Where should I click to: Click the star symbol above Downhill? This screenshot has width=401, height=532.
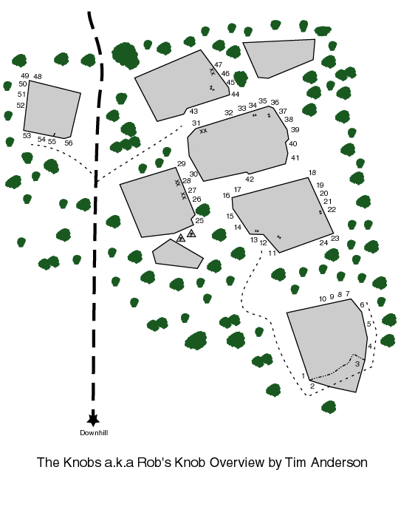click(x=92, y=419)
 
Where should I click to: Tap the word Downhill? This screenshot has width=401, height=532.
click(x=93, y=433)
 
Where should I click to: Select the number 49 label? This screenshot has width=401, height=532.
click(x=24, y=76)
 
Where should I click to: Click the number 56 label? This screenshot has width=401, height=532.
click(x=69, y=143)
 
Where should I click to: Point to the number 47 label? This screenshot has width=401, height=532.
click(x=218, y=65)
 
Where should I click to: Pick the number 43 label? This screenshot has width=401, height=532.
click(x=193, y=112)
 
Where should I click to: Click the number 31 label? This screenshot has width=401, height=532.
click(x=196, y=123)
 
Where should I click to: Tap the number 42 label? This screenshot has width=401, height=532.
click(x=250, y=180)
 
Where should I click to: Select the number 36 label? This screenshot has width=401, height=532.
click(x=275, y=103)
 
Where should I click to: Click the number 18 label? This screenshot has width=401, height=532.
click(x=312, y=173)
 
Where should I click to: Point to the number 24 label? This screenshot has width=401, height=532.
click(x=323, y=243)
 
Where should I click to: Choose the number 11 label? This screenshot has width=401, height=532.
click(x=272, y=253)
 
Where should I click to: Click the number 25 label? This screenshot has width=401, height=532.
click(x=199, y=221)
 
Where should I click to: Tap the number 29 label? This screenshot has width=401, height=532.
click(x=181, y=164)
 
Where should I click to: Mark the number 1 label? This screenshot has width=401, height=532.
click(x=304, y=376)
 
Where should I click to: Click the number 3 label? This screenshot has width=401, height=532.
click(x=357, y=364)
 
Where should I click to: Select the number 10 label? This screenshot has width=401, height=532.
click(x=323, y=299)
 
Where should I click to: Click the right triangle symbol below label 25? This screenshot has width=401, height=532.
click(x=191, y=233)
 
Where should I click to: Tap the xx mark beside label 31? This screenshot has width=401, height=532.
click(x=203, y=131)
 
